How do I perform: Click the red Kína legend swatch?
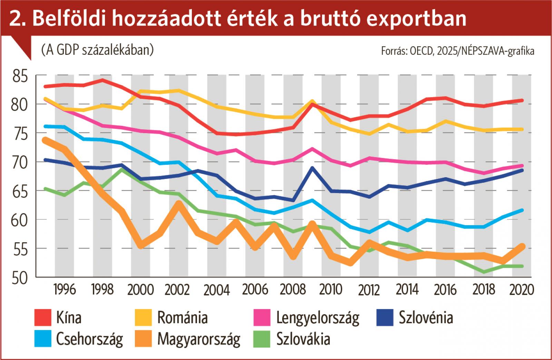[x=43, y=318]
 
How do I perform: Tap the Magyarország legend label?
[x=198, y=339]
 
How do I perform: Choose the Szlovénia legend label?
[x=426, y=318]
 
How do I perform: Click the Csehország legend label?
[x=89, y=339]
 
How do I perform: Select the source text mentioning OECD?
[x=457, y=51]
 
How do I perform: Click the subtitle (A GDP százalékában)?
[x=97, y=50]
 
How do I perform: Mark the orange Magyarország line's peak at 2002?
[x=178, y=204]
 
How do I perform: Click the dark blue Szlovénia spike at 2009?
[x=312, y=168]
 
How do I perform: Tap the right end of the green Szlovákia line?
[x=522, y=266]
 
